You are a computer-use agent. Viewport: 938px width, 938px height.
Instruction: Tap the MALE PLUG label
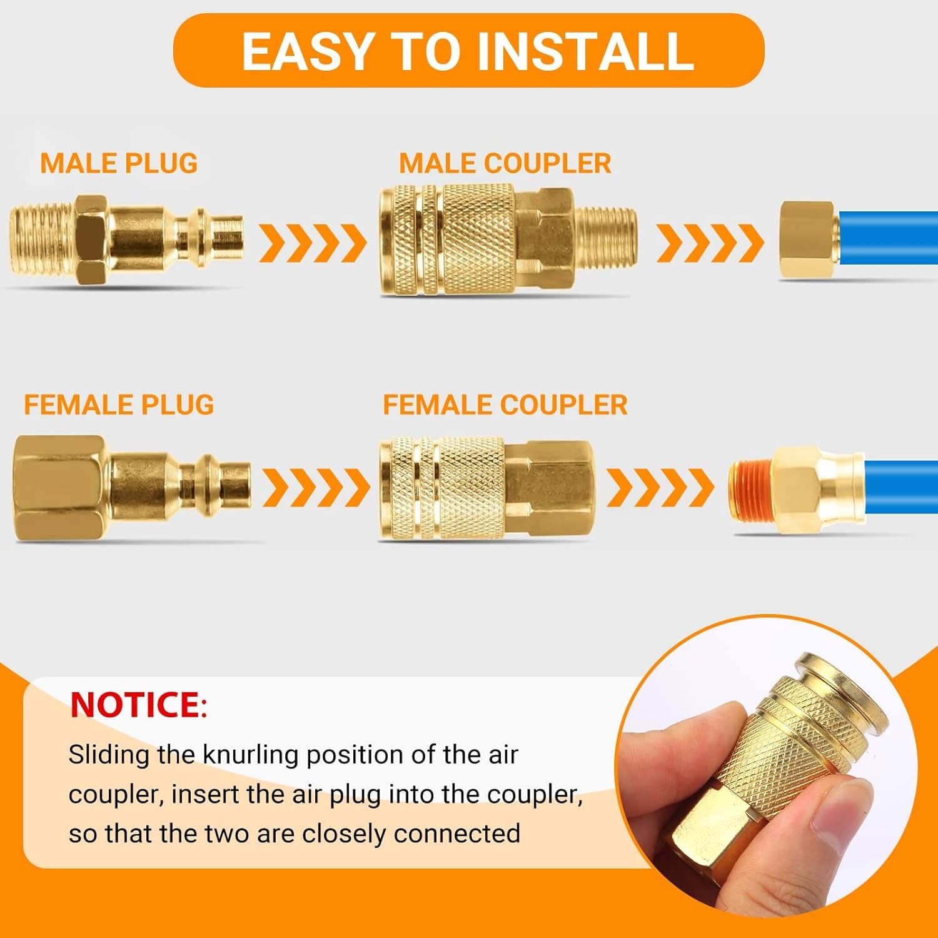119,164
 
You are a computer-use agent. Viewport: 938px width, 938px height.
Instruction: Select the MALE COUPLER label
505,164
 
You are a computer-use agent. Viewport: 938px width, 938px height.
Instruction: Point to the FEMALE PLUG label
119,405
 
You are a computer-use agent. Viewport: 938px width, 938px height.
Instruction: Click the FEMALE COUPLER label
505,405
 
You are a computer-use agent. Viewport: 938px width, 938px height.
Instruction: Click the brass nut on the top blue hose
807,241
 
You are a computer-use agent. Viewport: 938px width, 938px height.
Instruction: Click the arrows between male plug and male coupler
313,243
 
